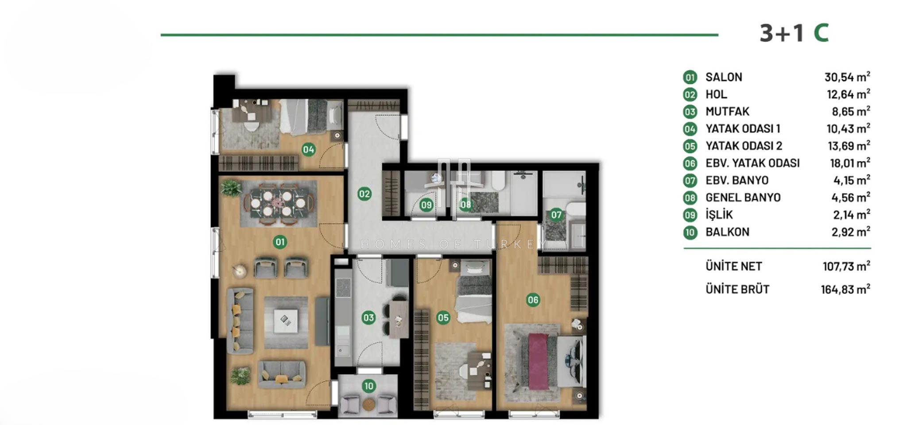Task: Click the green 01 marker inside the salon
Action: [x=280, y=242]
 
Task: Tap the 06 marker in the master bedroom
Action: [x=533, y=300]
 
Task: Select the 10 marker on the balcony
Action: [x=368, y=386]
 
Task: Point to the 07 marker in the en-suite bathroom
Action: [x=556, y=215]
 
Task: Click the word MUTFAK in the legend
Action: [x=727, y=112]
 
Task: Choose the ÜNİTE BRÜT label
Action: [x=737, y=289]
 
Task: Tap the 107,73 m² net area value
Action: [x=846, y=266]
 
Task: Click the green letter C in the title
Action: [x=821, y=33]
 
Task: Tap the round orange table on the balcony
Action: [x=368, y=404]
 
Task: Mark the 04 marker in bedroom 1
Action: [x=309, y=150]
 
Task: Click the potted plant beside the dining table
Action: [x=231, y=188]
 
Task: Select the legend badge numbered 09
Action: [x=690, y=215]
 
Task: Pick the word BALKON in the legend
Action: [x=727, y=232]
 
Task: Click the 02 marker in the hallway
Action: [x=364, y=193]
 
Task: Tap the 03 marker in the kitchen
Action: [x=368, y=317]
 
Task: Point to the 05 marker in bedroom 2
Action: [x=443, y=317]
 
